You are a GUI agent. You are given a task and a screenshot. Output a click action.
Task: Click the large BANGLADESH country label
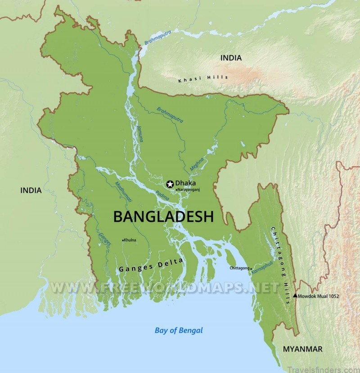[x=163, y=217]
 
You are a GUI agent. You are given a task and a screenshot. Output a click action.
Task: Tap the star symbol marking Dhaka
[x=170, y=183]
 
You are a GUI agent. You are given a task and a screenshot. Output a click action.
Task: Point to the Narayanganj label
[x=189, y=190]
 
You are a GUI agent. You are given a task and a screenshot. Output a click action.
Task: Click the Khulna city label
[x=130, y=240]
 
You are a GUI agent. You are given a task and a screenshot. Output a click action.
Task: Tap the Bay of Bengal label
[x=179, y=331]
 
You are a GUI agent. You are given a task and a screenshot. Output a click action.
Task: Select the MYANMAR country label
[x=302, y=349]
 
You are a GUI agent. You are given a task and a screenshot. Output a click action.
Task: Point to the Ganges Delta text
[x=151, y=266]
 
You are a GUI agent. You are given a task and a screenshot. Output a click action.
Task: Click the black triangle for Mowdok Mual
[x=295, y=296]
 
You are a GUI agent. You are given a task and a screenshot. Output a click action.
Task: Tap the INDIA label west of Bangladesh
[x=31, y=191]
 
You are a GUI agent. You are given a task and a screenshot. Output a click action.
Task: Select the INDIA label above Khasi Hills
[x=230, y=58]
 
